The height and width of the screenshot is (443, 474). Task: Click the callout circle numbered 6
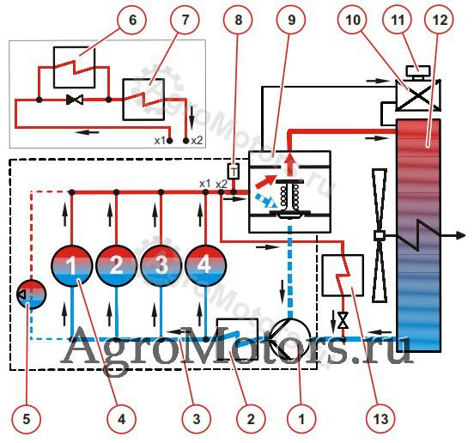[132, 21]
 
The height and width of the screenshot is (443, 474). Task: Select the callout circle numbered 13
[380, 419]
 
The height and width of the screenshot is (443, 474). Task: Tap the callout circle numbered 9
[291, 21]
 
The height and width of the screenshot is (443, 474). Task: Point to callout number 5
[26, 419]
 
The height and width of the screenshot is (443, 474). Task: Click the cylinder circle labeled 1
[71, 265]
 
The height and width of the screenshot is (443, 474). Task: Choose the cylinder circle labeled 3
[161, 265]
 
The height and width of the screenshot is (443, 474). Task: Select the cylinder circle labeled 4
[205, 265]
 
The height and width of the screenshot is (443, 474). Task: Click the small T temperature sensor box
[233, 172]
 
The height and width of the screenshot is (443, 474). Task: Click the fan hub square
[379, 235]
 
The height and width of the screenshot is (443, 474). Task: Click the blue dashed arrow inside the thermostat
[266, 200]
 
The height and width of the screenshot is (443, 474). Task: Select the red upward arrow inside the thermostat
[290, 164]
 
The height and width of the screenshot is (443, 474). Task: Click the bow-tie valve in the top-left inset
[75, 100]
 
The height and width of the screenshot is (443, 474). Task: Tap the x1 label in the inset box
[160, 141]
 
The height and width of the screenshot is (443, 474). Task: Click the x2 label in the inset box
[197, 141]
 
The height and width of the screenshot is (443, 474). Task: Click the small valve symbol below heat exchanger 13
[343, 320]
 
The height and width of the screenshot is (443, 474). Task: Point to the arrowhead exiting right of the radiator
[460, 235]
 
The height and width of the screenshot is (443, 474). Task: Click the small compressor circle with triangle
[32, 294]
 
